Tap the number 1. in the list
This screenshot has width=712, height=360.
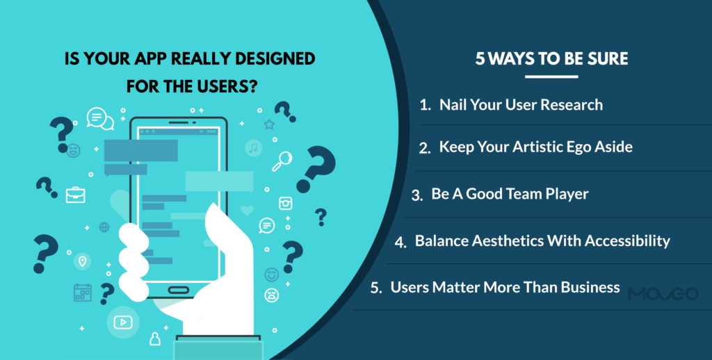(x=426, y=106)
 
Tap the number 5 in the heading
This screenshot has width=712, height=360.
(x=480, y=59)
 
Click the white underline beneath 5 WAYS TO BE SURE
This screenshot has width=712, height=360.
(x=551, y=76)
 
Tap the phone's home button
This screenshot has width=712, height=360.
(x=179, y=290)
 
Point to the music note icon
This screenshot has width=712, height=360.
(x=254, y=147)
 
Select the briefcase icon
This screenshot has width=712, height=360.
(x=75, y=195)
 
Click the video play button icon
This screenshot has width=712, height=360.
(x=122, y=322)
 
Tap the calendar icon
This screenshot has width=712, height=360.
(x=83, y=292)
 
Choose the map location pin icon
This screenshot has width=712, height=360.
(x=83, y=261)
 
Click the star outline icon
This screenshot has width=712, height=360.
(x=269, y=124)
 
